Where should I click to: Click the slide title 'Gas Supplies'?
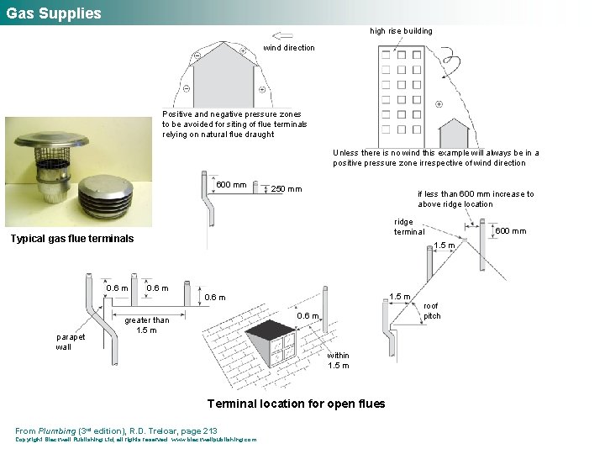click(x=54, y=13)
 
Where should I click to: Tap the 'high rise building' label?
click(x=402, y=31)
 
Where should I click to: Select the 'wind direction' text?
click(x=289, y=48)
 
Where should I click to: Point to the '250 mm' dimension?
click(x=286, y=189)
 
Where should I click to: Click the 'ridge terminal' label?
click(x=409, y=227)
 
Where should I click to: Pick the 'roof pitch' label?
click(x=432, y=311)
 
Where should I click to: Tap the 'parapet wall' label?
click(x=71, y=341)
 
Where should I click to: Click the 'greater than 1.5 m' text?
click(x=146, y=325)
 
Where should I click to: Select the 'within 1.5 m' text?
click(x=339, y=360)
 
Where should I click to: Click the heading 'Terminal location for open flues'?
click(x=296, y=404)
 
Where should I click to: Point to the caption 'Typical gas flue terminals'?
click(x=71, y=239)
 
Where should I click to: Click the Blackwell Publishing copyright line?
click(x=136, y=439)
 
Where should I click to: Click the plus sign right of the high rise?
click(x=439, y=104)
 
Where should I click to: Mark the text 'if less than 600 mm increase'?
click(x=476, y=193)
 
